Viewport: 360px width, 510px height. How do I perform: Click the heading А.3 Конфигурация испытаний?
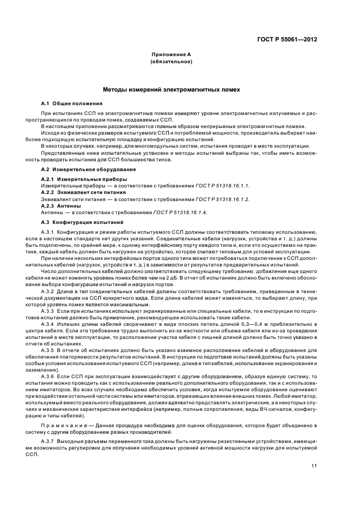coord(78,223)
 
